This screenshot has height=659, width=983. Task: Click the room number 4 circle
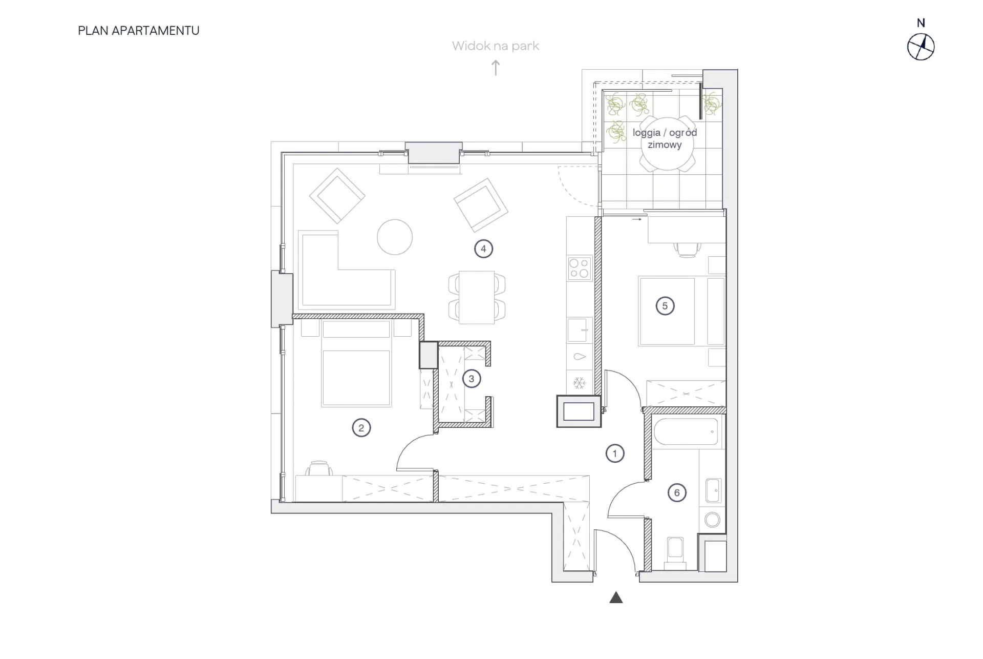click(x=483, y=249)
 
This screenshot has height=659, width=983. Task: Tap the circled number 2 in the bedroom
click(x=361, y=428)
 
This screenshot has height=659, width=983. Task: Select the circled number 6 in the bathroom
click(x=677, y=493)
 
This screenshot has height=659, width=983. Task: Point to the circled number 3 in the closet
click(x=472, y=379)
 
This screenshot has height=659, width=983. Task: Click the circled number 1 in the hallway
click(x=615, y=454)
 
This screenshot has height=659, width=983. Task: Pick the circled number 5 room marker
click(x=665, y=306)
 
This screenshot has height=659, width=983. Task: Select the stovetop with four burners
click(x=579, y=268)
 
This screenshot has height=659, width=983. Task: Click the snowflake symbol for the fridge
click(x=579, y=383)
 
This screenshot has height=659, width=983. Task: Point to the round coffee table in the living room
click(x=395, y=237)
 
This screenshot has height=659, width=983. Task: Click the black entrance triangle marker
click(x=616, y=598)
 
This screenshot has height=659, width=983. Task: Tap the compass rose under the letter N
click(x=921, y=47)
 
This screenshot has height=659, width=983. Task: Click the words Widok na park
click(x=496, y=46)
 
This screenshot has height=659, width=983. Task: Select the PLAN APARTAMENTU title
click(x=139, y=31)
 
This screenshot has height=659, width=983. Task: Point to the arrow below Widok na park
click(x=496, y=68)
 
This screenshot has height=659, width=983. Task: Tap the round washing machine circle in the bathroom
click(x=712, y=520)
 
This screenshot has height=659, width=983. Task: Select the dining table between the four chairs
click(x=477, y=297)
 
